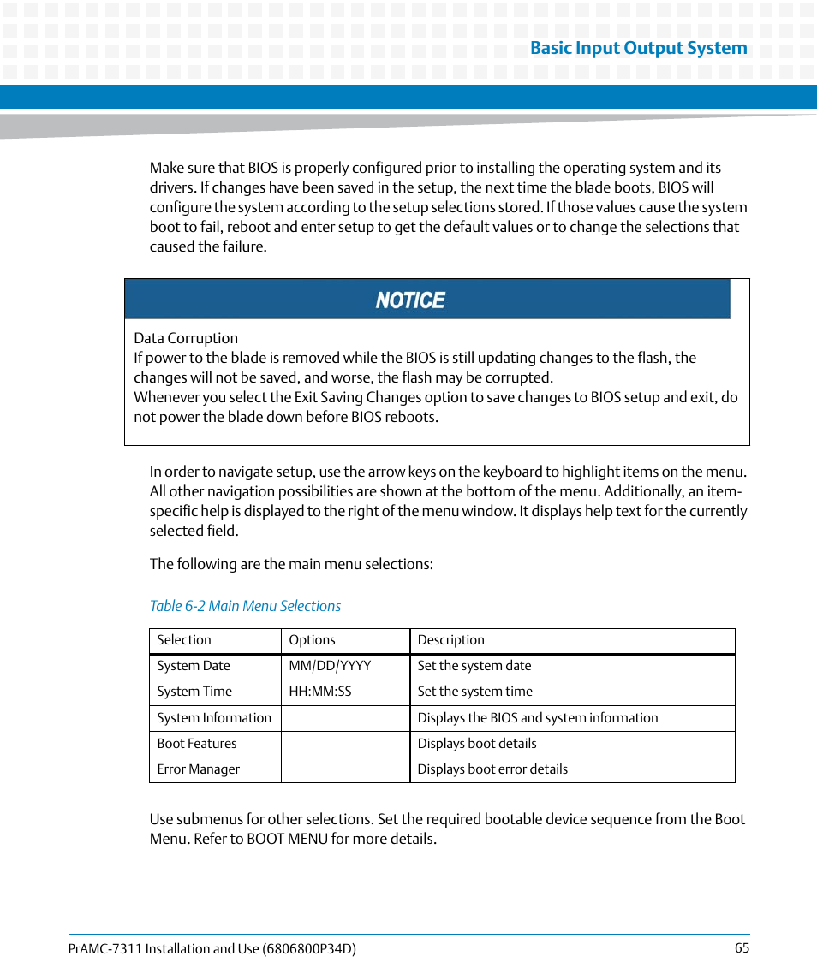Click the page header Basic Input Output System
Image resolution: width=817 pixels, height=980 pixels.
[638, 49]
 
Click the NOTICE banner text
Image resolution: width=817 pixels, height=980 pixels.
[410, 300]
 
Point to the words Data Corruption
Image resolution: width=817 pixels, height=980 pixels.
[186, 338]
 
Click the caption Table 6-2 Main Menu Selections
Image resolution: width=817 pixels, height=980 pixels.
[245, 606]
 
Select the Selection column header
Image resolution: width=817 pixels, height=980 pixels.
[184, 640]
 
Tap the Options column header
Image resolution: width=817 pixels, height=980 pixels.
[312, 640]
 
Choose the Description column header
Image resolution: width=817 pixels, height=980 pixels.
[450, 640]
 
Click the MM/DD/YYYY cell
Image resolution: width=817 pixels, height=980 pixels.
[330, 666]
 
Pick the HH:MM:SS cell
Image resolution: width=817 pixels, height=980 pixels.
[320, 692]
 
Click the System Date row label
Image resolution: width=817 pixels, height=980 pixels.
[194, 666]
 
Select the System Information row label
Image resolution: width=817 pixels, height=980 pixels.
[214, 718]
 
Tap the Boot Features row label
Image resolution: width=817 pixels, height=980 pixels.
[197, 744]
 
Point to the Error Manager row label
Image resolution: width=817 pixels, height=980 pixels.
[199, 769]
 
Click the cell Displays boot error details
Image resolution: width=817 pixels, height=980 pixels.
[492, 769]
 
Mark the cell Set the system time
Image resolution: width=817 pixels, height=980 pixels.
[474, 692]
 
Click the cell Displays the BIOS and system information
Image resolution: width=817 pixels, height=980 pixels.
[538, 718]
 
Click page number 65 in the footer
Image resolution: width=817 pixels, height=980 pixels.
[742, 947]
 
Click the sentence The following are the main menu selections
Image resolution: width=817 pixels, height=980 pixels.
[291, 564]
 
